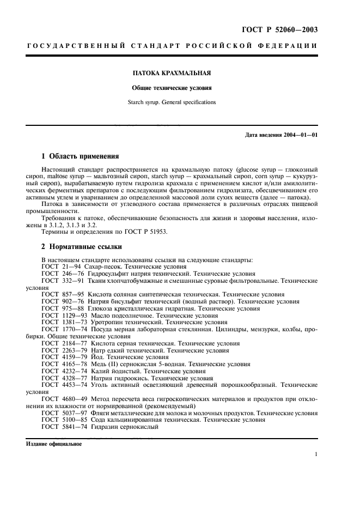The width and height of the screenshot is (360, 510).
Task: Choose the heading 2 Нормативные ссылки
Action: [x=81, y=246]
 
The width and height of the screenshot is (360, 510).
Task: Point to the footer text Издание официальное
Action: [x=54, y=444]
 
